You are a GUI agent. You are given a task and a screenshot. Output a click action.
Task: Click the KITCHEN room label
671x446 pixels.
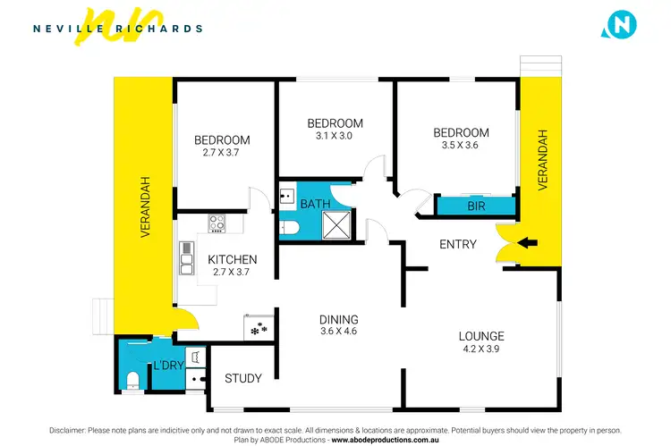[233, 260]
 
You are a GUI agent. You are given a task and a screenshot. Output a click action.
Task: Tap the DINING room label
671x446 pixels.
[340, 319]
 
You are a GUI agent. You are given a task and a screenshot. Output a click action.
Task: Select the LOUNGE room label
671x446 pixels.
[481, 336]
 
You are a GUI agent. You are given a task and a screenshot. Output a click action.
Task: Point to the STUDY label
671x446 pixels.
[242, 378]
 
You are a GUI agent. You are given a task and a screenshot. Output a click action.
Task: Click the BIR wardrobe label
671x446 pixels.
[476, 206]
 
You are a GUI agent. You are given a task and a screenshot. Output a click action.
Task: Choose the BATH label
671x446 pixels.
[315, 204]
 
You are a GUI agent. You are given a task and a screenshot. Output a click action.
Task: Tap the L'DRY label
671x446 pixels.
[168, 366]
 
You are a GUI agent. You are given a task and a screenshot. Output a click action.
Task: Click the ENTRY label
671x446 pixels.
[457, 245]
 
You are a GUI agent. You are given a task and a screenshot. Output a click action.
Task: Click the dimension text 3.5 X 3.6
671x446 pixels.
[462, 147]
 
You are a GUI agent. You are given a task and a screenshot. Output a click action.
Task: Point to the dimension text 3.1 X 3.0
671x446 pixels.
[335, 137]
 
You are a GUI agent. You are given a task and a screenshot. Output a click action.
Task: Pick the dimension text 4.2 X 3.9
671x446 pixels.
[481, 349]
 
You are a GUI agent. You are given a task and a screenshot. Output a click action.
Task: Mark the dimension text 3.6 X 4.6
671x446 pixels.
[340, 332]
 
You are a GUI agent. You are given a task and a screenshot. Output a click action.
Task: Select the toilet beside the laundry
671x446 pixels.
[132, 379]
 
